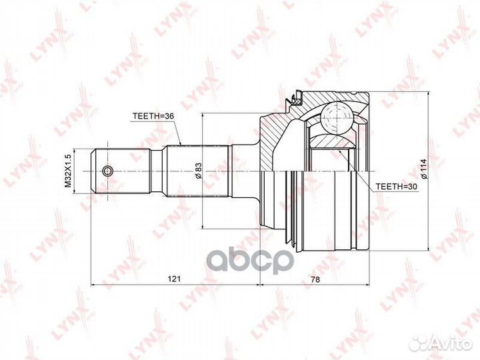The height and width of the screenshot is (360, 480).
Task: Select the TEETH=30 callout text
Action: click(395, 187)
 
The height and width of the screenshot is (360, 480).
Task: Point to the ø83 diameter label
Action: click(198, 171)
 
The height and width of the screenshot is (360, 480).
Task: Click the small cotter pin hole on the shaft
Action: click(109, 171)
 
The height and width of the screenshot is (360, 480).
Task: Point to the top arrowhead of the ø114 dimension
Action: click(427, 92)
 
